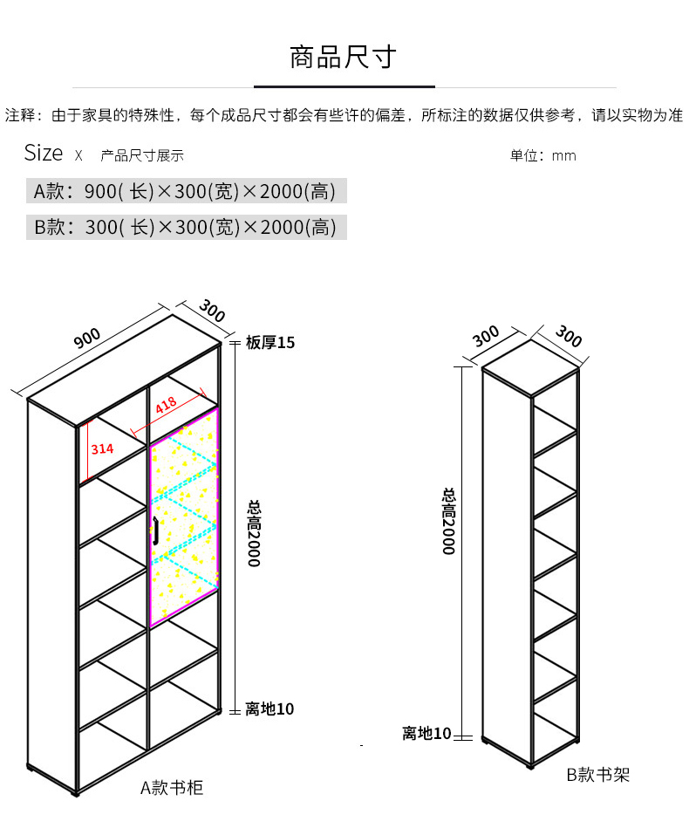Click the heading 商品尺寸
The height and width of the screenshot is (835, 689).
[343, 58]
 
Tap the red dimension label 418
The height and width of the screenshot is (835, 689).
[166, 405]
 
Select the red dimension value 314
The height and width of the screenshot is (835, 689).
[102, 449]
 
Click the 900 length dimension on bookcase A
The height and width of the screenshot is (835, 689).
[87, 339]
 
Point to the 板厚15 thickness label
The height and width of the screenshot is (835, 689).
[270, 343]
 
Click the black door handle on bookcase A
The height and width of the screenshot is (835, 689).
[155, 530]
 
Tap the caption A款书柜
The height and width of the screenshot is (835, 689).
[172, 788]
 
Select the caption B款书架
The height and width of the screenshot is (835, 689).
[597, 774]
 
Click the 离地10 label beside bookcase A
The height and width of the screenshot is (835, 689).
[269, 709]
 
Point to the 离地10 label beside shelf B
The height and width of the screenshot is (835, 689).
[426, 733]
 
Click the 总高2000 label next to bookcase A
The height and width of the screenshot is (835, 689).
[254, 533]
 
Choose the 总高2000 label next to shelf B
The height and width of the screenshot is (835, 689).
[448, 521]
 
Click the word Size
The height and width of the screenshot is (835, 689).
[44, 154]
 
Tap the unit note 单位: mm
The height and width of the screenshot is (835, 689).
[542, 156]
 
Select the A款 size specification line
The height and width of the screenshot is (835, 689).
[185, 191]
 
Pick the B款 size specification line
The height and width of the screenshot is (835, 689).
[185, 228]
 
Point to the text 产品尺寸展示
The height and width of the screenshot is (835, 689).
[142, 156]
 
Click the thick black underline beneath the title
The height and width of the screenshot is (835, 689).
[344, 86]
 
